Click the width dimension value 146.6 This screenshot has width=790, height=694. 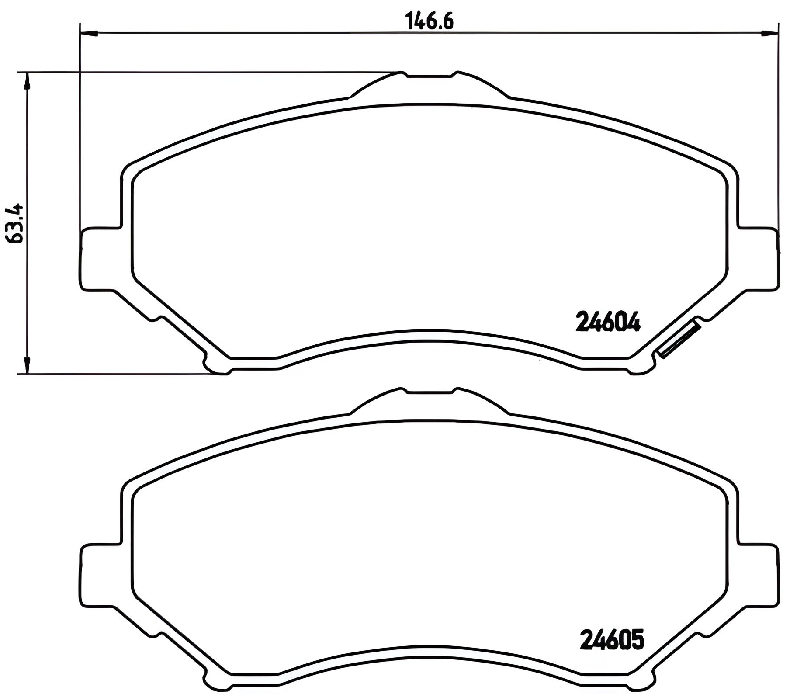(430, 21)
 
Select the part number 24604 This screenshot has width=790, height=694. (608, 323)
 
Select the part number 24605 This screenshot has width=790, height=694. (611, 639)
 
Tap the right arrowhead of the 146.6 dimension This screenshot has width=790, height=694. (769, 33)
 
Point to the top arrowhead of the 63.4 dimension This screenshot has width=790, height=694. (27, 81)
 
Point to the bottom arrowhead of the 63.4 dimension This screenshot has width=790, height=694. (27, 365)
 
